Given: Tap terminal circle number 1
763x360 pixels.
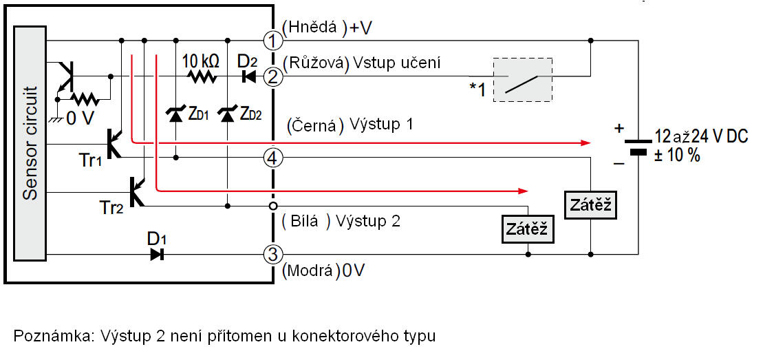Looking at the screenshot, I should pyautogui.click(x=273, y=40).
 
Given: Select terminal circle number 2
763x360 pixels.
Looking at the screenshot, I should pyautogui.click(x=273, y=76).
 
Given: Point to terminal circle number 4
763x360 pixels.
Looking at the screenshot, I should pyautogui.click(x=273, y=158).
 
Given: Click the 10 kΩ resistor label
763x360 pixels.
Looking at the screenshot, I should pyautogui.click(x=201, y=61).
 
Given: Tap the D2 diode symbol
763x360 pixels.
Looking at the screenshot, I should pyautogui.click(x=248, y=76).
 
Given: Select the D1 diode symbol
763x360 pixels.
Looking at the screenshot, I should pyautogui.click(x=157, y=255).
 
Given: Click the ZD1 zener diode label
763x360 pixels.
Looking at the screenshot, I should pyautogui.click(x=197, y=115).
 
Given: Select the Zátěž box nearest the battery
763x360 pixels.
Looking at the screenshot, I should pyautogui.click(x=590, y=205).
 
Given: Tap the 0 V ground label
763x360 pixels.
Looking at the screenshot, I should pyautogui.click(x=80, y=118).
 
